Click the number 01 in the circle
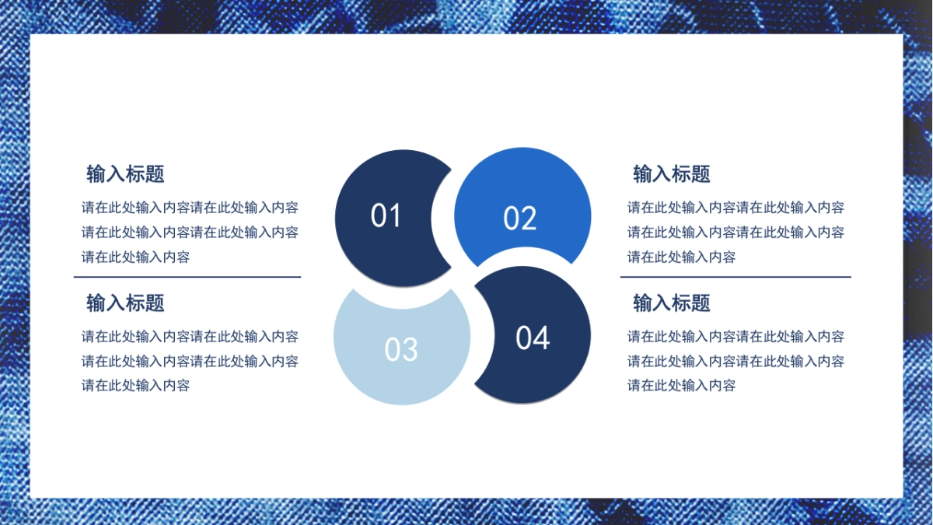pos(386,215)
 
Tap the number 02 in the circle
pos(519,218)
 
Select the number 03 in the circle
pos(400,348)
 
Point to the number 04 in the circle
pos(533,337)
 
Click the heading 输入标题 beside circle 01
pos(125,173)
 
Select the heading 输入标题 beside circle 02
pos(672,173)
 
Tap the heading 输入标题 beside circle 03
pos(125,303)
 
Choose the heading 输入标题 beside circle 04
pos(672,303)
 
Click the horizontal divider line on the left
pos(187,277)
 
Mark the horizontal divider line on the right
pos(736,277)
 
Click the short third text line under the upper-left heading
pos(136,257)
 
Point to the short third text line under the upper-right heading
pos(681,257)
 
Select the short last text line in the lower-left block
pos(136,386)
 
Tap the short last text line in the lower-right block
pos(681,386)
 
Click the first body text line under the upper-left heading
pos(190,207)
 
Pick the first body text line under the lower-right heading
pos(736,336)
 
